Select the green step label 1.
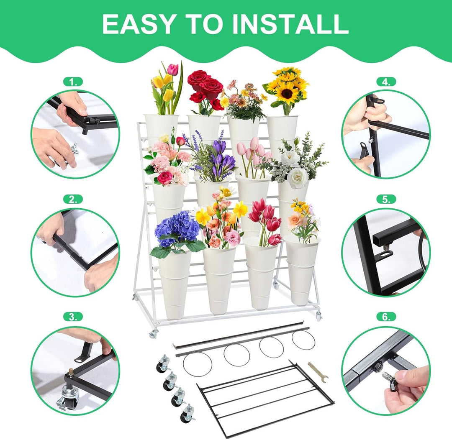[73, 82]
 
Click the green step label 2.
[73, 200]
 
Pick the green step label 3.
[73, 317]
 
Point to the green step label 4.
[386, 82]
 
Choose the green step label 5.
[386, 200]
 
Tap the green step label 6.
[386, 317]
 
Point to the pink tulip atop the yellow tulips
[173, 69]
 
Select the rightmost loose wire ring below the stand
[303, 340]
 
